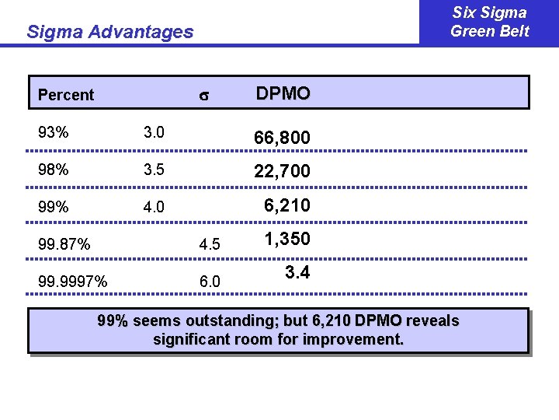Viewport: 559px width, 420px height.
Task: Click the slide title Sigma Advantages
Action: coord(109,32)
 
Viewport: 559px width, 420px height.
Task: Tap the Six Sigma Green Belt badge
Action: coord(489,22)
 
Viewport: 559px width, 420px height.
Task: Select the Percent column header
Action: coord(66,95)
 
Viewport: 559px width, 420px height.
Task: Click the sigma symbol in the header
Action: coord(205,96)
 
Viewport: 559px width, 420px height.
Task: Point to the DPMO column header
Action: coord(283,93)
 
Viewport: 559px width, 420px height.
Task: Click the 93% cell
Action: coord(53,132)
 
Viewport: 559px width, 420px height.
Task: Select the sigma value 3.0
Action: coord(153,132)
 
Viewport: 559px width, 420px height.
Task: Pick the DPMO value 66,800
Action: coord(283,138)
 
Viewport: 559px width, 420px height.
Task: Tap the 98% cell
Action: coord(53,170)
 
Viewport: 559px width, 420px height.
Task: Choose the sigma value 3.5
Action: coord(153,170)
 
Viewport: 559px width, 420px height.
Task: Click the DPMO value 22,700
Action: coord(283,171)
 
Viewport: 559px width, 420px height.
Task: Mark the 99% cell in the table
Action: coord(53,208)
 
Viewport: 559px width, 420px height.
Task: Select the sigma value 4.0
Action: coord(153,208)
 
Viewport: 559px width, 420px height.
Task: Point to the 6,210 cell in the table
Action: coord(286,205)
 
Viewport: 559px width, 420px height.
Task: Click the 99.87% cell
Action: coord(64,245)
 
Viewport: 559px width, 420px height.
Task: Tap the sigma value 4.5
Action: coord(210,245)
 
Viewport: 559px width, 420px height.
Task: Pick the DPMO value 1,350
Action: coord(286,239)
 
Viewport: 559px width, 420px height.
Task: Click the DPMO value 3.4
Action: coord(297,273)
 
